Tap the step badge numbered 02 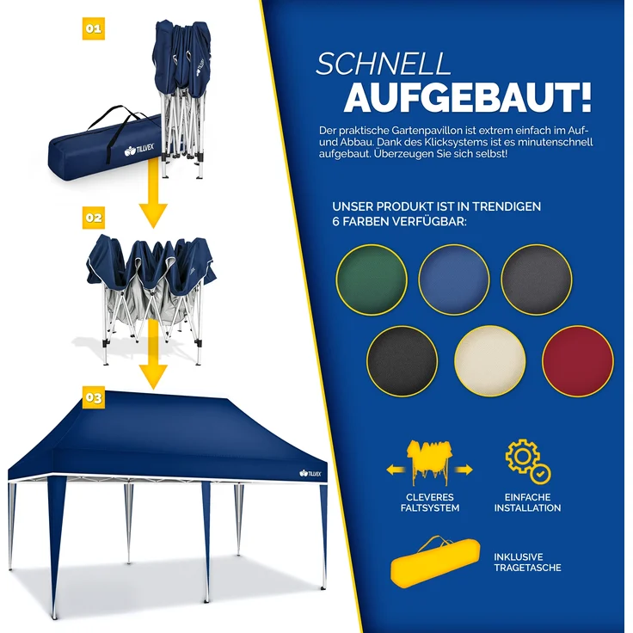click(x=94, y=218)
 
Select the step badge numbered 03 click(x=94, y=397)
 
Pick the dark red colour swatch click(x=578, y=361)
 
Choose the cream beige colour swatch click(x=489, y=361)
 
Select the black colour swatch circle click(x=402, y=361)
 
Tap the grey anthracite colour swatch click(x=537, y=279)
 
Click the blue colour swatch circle click(x=453, y=279)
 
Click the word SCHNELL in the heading click(x=384, y=65)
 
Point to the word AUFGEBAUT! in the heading click(x=468, y=99)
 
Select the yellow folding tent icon click(x=430, y=465)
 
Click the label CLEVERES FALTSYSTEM click(x=431, y=502)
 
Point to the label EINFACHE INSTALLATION click(x=528, y=502)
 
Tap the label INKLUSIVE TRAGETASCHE click(x=528, y=562)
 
